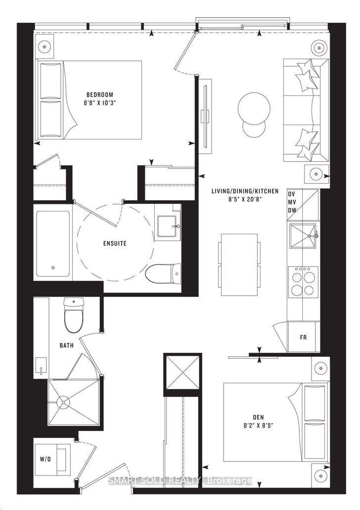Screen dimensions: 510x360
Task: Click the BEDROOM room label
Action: coord(100,94)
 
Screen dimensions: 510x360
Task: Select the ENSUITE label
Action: coord(115,243)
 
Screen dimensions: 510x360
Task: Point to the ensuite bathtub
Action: coord(53,243)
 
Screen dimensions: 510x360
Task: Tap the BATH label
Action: coord(67,345)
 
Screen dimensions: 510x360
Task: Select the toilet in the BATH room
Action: coord(74,316)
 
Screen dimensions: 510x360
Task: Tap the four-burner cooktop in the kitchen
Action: coord(303,281)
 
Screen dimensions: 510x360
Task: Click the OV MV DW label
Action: coord(293,202)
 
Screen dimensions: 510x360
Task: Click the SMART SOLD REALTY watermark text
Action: coord(180,480)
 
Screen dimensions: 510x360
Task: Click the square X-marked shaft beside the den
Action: coord(182,371)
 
